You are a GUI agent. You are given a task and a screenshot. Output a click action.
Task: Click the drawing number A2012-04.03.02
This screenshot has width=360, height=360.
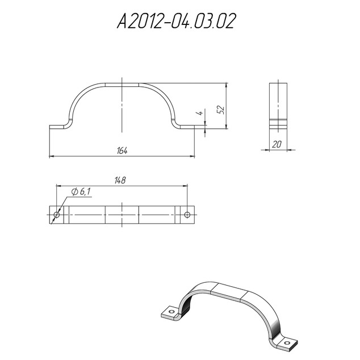tap(177, 21)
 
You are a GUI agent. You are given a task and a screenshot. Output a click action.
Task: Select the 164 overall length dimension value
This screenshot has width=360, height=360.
tap(122, 151)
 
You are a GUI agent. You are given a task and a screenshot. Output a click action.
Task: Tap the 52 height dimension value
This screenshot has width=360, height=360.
tap(220, 110)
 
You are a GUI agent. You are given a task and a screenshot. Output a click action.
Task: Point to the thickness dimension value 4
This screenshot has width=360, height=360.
tap(200, 113)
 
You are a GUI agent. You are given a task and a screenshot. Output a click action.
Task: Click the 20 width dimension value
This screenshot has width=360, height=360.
tap(277, 144)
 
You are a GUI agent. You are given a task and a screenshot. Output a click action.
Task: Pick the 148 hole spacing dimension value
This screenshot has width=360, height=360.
tap(120, 181)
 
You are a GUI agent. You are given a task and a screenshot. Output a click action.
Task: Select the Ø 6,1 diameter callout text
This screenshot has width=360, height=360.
tap(81, 191)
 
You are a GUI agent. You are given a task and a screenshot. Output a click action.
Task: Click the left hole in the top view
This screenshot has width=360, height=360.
tap(56, 215)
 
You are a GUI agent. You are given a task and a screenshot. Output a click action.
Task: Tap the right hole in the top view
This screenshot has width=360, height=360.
tap(187, 215)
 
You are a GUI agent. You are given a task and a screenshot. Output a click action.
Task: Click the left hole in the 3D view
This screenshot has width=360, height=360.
tap(171, 312)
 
